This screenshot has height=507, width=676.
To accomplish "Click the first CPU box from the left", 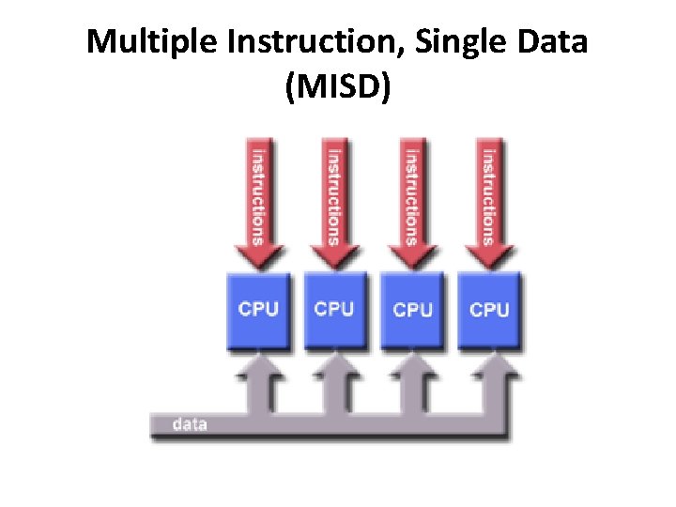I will coord(257,311).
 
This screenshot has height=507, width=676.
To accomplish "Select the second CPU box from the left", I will coord(334,311).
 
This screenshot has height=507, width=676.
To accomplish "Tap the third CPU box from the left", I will coord(412,311).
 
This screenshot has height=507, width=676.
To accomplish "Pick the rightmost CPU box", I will coord(489,311).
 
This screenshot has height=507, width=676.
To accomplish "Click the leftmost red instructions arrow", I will coord(257,202).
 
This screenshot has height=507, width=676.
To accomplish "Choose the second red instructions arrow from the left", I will coord(334,202).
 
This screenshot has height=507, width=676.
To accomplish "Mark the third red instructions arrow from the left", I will coord(411,202).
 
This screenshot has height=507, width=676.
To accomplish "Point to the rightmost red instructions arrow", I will coord(488,202).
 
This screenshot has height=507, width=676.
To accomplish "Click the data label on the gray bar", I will coord(190,424).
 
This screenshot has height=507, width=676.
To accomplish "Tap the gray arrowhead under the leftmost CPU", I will coord(256,368).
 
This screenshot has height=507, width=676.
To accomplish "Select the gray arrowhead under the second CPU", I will coord(334,368).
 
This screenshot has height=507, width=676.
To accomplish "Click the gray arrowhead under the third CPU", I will coord(412,368).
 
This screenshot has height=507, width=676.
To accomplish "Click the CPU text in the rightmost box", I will coord(489,309).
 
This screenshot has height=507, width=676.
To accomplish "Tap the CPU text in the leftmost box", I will coord(257,308).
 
